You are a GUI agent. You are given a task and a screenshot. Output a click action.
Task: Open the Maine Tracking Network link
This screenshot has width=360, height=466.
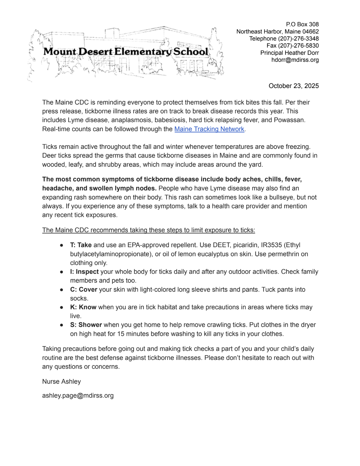209,129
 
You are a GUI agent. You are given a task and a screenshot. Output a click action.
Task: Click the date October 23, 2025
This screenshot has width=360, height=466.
293,86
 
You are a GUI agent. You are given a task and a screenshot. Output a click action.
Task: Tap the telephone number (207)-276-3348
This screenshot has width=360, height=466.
298,39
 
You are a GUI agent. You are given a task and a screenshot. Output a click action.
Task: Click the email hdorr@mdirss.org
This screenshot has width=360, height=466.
295,60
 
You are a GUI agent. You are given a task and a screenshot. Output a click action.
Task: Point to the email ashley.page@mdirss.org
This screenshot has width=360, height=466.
78,395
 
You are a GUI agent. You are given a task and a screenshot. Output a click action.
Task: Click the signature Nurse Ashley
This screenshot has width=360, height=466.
62,381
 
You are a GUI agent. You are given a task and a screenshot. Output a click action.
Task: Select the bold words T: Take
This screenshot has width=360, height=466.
81,245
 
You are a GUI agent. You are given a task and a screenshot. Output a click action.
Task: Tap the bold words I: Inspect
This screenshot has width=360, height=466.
84,272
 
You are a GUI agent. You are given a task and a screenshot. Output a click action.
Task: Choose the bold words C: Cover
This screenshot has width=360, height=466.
84,289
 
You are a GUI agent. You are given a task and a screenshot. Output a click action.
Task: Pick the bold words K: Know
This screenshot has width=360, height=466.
83,307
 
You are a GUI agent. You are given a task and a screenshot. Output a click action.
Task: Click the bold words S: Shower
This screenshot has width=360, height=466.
86,325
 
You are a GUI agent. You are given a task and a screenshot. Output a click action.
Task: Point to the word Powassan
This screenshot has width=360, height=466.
289,120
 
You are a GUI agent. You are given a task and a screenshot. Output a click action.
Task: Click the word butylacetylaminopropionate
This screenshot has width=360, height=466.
110,254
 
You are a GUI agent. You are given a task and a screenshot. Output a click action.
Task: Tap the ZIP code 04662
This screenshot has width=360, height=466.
311,31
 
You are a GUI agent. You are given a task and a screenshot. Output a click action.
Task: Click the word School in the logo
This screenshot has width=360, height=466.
191,52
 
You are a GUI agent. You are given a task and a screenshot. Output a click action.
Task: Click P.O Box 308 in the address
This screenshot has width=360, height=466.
302,24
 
